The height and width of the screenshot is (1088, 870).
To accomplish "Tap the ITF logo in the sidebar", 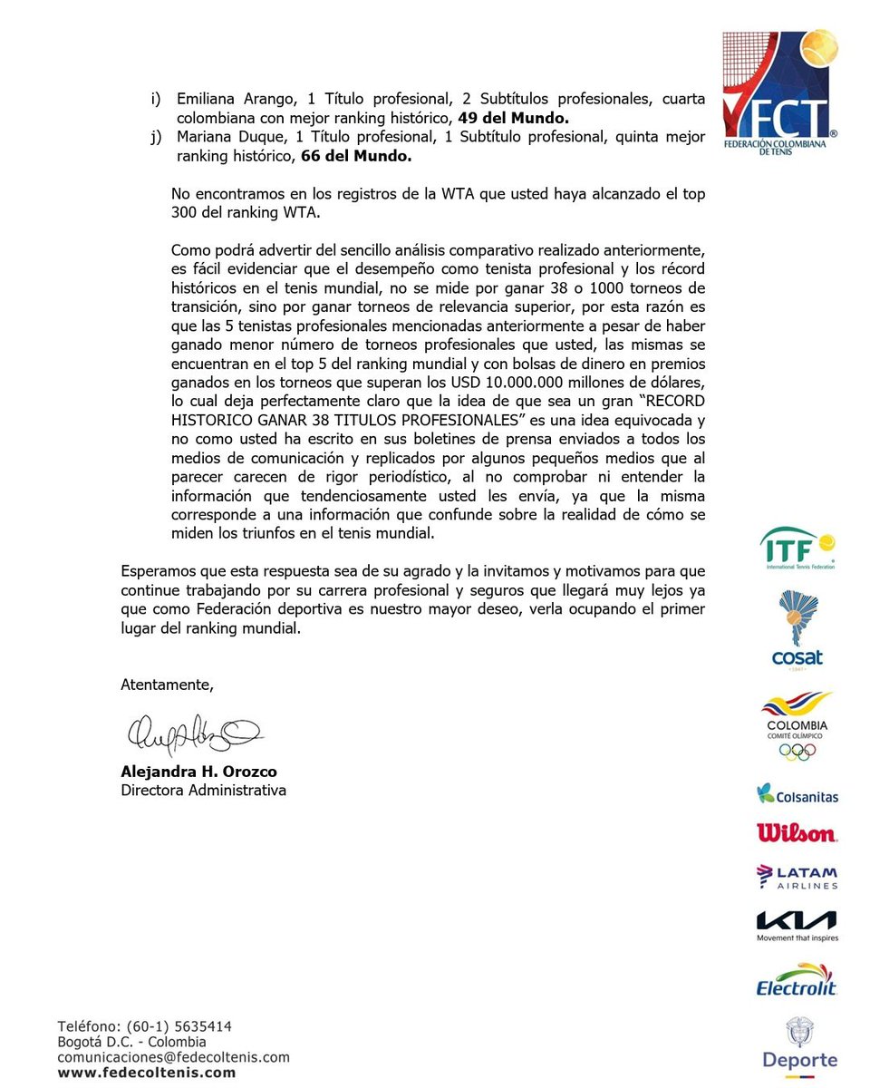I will tap(797, 548).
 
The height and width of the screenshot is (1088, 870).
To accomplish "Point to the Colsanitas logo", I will tap(797, 794).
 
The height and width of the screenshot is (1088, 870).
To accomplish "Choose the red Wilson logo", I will tap(797, 831).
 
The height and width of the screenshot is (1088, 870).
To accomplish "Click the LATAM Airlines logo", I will tap(797, 876).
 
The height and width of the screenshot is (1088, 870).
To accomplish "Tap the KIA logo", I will tap(797, 925).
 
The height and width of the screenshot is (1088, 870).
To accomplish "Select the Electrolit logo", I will tap(797, 980).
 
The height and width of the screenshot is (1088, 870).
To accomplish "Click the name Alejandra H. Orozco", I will tap(198, 772).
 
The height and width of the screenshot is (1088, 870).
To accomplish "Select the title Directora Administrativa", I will tap(203, 790).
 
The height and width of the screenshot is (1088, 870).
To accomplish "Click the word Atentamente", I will tap(168, 684).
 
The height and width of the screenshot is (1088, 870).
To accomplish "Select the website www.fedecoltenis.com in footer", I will tap(147, 1072).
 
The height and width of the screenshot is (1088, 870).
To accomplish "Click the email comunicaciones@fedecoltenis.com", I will tap(173, 1056).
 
